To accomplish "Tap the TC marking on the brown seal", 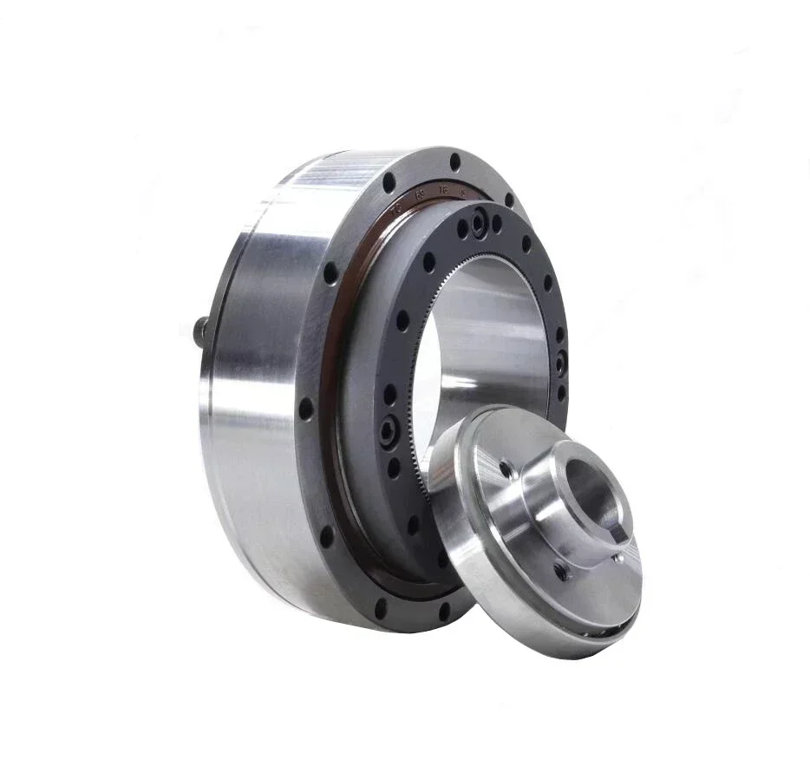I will [396, 209].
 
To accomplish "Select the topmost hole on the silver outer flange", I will [455, 162].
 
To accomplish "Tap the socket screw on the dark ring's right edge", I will [560, 360].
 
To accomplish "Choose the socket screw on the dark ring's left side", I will [388, 429].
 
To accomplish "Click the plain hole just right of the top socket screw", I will [496, 223].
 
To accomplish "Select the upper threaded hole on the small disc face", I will [505, 470].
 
